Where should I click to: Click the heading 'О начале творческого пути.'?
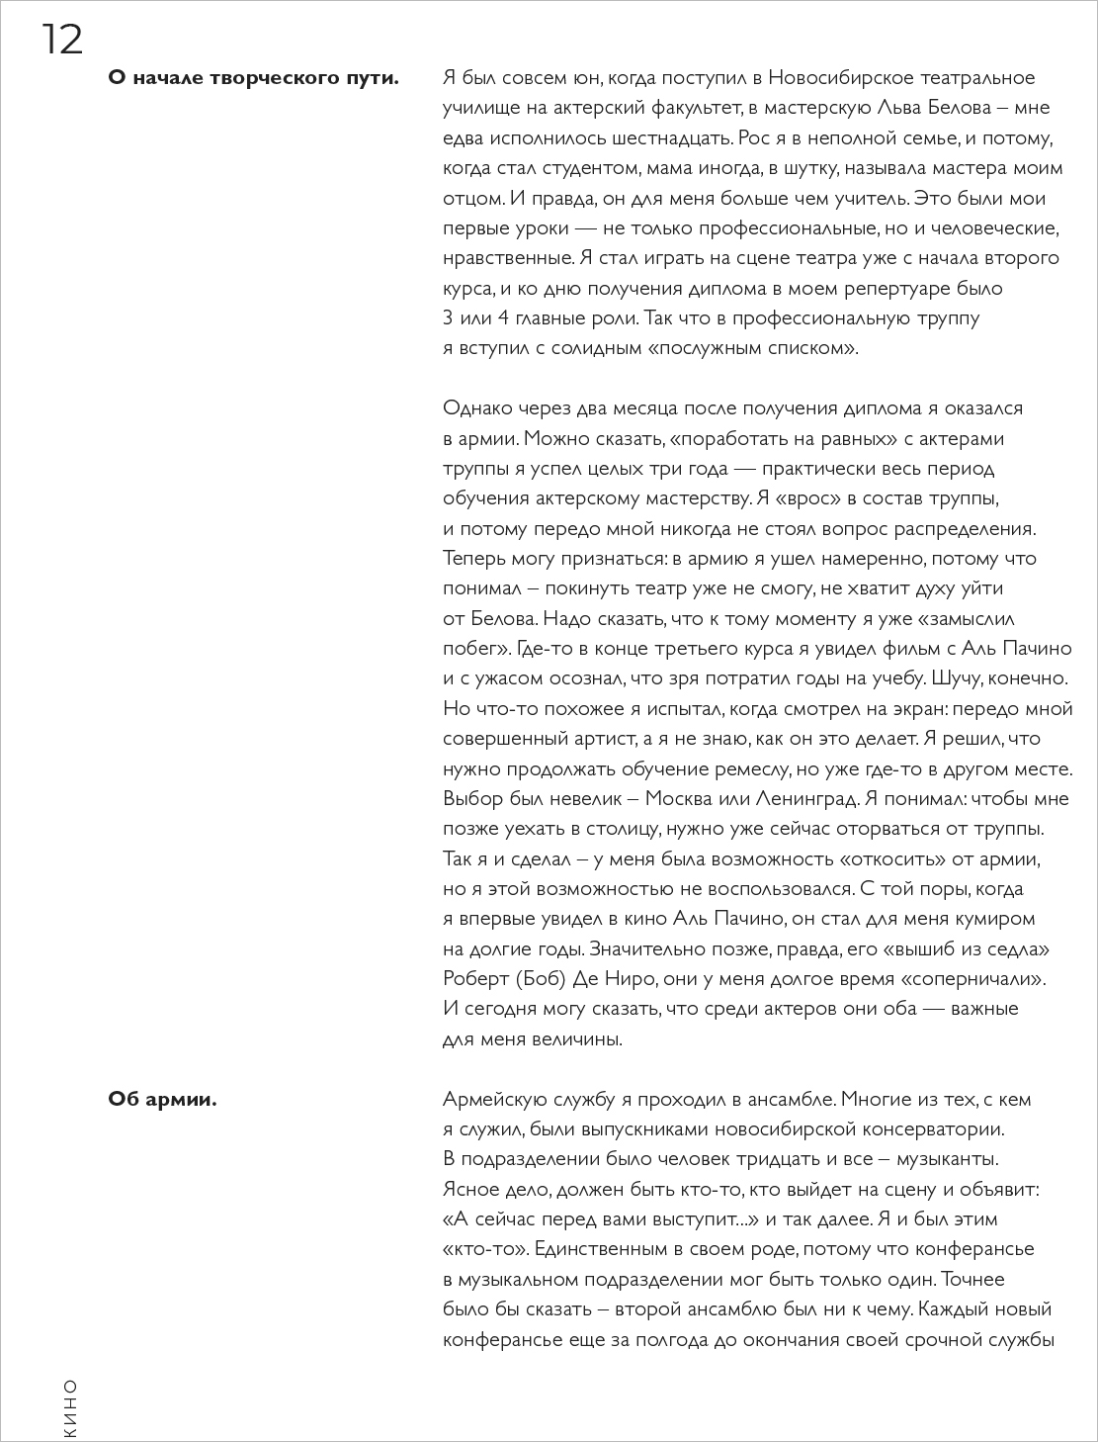click(253, 78)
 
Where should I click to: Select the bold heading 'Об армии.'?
click(162, 1099)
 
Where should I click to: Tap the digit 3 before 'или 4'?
click(449, 318)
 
